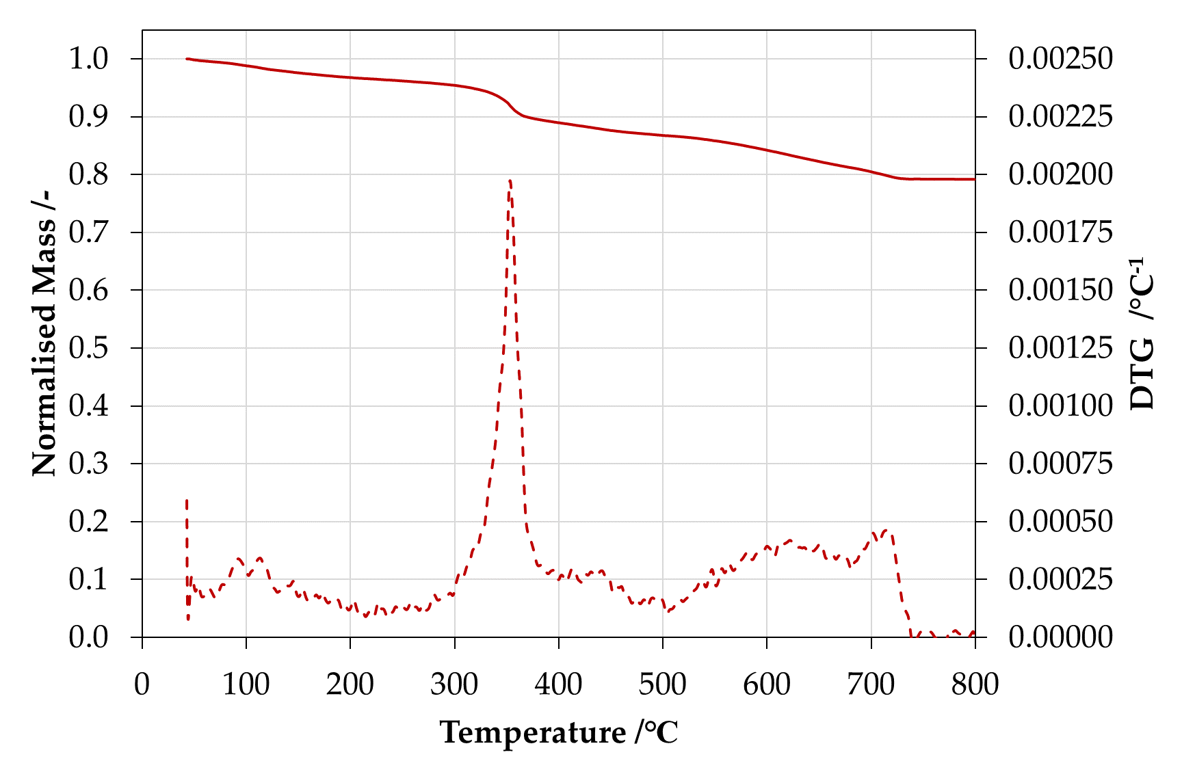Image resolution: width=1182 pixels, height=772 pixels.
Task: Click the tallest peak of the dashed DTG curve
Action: (x=510, y=181)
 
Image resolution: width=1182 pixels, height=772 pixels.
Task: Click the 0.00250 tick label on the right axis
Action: (x=1060, y=59)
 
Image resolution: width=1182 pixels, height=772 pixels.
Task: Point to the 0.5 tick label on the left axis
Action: (x=88, y=348)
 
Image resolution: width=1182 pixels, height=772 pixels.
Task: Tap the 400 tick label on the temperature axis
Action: (x=558, y=684)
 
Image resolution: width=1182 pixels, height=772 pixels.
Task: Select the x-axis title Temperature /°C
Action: (x=559, y=732)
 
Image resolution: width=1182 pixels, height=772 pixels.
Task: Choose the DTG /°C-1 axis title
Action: (x=1142, y=333)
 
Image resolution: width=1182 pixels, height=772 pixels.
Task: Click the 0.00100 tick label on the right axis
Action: (x=1060, y=406)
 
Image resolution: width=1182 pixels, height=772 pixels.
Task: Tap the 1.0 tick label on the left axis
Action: (x=88, y=59)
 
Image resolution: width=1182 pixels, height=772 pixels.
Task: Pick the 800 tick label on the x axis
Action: (x=975, y=684)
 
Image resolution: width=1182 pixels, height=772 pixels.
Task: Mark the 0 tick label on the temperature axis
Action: (x=142, y=684)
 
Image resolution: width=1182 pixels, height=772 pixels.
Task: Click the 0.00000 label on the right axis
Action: (x=1060, y=637)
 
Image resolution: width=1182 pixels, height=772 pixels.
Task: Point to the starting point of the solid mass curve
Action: (x=187, y=59)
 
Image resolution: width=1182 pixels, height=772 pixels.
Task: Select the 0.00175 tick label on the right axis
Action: (x=1060, y=232)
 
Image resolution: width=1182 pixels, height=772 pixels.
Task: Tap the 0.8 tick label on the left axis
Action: (x=88, y=174)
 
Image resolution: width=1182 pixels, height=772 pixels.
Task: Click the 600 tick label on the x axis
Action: (x=767, y=684)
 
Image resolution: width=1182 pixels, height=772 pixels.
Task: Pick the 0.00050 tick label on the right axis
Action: (x=1060, y=522)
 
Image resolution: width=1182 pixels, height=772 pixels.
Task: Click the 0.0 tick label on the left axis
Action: (x=88, y=637)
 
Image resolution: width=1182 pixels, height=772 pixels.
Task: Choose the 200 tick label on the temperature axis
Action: (x=350, y=684)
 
